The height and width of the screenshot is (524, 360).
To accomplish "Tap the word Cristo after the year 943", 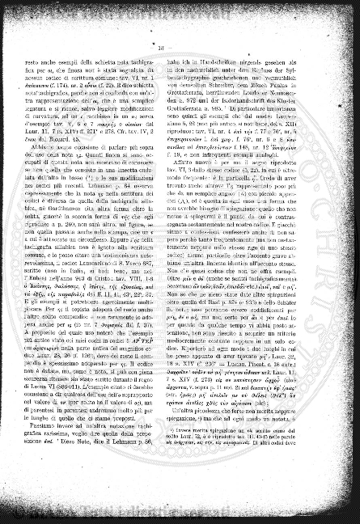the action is coord(131,278).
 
